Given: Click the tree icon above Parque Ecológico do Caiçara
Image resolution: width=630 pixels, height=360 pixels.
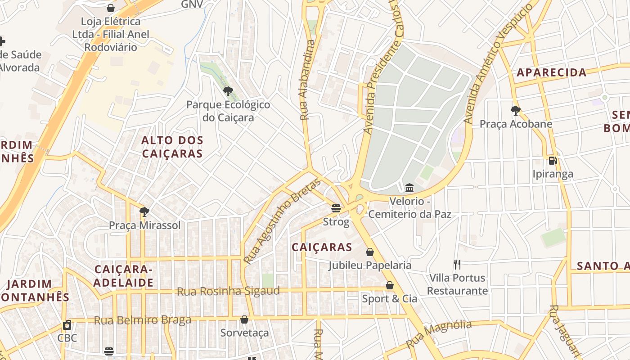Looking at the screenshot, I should [x=228, y=92].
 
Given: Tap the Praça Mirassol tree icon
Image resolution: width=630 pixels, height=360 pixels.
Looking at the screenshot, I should [x=144, y=212].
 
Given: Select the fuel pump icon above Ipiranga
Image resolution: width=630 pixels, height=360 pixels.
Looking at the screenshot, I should [x=553, y=161].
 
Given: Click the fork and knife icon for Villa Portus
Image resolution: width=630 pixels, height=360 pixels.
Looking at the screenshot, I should [x=457, y=265].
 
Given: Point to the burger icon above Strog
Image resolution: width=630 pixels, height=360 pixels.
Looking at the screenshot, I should [x=336, y=209].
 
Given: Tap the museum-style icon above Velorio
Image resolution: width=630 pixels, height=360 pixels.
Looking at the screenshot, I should [x=409, y=188].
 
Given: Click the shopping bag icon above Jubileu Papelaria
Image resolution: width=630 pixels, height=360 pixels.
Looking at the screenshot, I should [x=370, y=252].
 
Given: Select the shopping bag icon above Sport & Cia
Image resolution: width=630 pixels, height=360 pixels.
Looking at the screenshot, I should [x=390, y=286].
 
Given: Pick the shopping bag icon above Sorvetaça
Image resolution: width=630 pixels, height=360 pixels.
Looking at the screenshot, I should [x=244, y=320].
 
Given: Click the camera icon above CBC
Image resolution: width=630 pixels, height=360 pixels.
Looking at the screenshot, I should [x=67, y=325].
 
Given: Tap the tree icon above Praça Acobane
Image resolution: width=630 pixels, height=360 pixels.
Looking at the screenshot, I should [x=516, y=111].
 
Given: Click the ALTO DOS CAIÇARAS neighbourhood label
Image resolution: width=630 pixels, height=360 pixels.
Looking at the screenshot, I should [x=172, y=147].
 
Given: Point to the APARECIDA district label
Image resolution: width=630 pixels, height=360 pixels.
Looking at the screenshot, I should [x=551, y=72].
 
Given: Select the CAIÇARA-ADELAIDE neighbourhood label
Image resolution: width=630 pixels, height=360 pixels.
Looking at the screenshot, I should [x=124, y=276].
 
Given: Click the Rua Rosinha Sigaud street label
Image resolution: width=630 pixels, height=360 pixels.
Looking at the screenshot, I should [x=228, y=291].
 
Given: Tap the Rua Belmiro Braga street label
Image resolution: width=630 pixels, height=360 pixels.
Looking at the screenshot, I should [x=142, y=320].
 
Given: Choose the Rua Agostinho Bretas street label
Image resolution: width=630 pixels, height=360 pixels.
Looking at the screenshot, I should [x=282, y=221].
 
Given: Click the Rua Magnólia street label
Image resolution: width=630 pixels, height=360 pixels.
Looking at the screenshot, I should [x=439, y=334].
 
